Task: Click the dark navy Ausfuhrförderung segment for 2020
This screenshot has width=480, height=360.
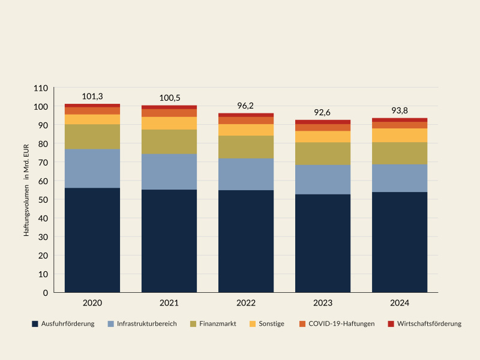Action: (x=92, y=240)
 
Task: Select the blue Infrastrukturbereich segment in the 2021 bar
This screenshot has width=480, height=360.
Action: (x=169, y=172)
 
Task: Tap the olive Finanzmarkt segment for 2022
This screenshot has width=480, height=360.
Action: (x=246, y=147)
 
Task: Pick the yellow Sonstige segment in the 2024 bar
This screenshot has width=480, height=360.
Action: (x=400, y=135)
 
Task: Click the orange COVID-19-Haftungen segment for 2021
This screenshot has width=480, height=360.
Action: (x=169, y=113)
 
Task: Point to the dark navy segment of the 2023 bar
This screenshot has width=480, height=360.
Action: (x=323, y=243)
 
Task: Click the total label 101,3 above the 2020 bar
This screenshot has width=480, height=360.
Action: (x=92, y=97)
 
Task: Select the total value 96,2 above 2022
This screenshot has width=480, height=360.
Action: (x=246, y=106)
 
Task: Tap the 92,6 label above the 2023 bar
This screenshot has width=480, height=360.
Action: (x=323, y=112)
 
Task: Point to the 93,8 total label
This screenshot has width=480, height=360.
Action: (x=400, y=110)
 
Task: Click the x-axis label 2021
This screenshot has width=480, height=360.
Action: (x=169, y=304)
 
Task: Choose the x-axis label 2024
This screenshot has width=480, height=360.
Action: (x=400, y=304)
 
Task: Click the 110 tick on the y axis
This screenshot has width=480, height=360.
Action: (x=41, y=88)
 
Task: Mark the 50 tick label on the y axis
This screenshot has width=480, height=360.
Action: (x=43, y=200)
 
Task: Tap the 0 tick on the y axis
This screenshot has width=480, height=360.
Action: (x=45, y=293)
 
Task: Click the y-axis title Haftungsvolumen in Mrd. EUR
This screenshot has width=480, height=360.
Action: (x=27, y=190)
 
